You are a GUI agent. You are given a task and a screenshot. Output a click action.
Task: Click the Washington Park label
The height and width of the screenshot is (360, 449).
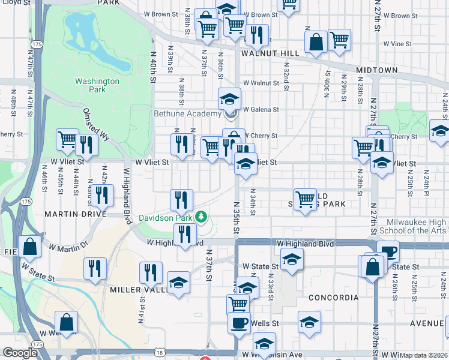coord(97,85)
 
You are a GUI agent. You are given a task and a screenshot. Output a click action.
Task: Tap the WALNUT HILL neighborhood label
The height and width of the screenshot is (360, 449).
coord(270,53)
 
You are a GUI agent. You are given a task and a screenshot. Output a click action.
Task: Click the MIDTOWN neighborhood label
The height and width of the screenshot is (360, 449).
coord(376,70)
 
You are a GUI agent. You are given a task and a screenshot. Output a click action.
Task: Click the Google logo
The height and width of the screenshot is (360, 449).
coord(20,353)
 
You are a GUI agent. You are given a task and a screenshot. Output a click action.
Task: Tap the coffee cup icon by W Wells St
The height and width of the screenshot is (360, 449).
coord(238,323)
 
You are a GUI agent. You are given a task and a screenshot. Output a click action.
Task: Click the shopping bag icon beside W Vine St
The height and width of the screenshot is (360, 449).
coord(316,42)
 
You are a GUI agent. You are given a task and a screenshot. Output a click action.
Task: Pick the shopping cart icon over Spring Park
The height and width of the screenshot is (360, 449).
coord(305,199)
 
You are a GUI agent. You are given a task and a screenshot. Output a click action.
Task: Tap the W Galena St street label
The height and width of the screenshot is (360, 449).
coord(261,109)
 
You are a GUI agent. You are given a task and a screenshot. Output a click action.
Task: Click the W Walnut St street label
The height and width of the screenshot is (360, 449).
coord(261,83)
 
